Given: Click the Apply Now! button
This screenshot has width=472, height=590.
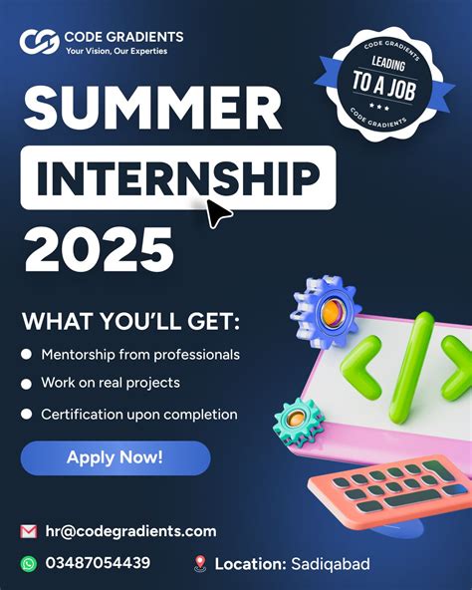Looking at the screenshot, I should [x=115, y=458].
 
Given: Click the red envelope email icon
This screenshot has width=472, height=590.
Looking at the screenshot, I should [x=28, y=531].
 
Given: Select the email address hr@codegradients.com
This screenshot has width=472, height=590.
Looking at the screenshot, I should [x=129, y=531].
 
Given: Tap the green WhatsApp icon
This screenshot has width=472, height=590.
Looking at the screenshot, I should [x=28, y=564].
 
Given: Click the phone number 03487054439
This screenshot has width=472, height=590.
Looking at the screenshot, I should [x=98, y=564].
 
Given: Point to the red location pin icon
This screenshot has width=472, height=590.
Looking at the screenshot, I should [x=200, y=564].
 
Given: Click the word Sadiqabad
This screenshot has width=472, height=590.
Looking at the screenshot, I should [x=330, y=565].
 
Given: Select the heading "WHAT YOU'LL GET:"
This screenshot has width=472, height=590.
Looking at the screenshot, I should [x=130, y=323].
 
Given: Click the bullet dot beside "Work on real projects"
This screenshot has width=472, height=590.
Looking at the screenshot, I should [x=27, y=384].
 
